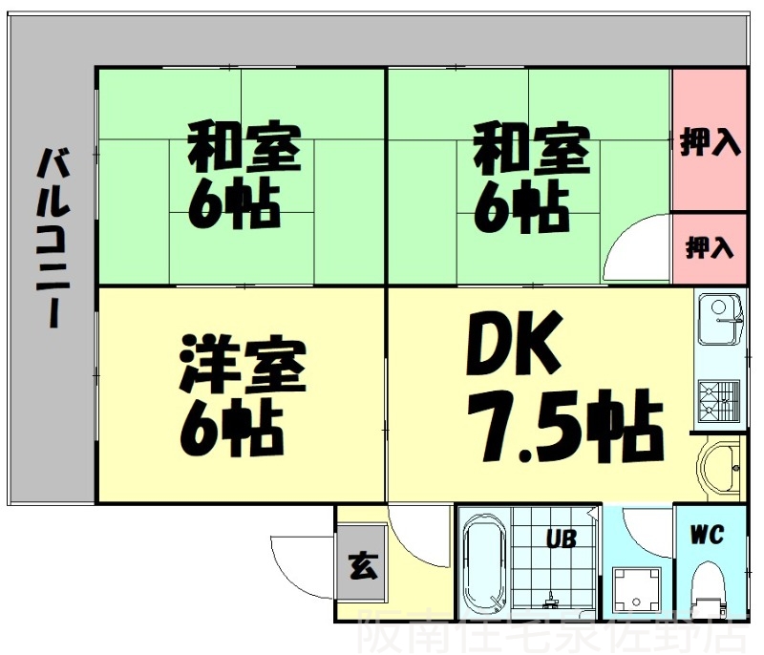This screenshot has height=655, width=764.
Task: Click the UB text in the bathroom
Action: pyautogui.click(x=561, y=539)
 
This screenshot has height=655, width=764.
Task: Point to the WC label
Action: pyautogui.click(x=710, y=534)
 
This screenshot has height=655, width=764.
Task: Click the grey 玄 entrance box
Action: pyautogui.click(x=362, y=570)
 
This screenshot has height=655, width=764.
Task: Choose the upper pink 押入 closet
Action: pyautogui.click(x=710, y=142)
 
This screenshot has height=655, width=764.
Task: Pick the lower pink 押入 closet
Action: pyautogui.click(x=710, y=248)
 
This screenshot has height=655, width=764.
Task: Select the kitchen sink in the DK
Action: pyautogui.click(x=717, y=319)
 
